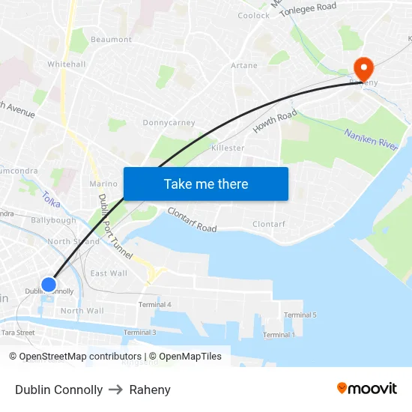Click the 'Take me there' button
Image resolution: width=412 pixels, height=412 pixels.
coord(206,184)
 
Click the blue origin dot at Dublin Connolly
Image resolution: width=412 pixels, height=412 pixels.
coord(49,285)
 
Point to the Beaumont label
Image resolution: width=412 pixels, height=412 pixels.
coord(111,40)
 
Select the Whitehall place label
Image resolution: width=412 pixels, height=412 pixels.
coord(67,64)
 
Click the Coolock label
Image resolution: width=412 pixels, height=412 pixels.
coord(253,16)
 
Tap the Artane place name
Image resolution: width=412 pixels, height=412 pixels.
coord(244,66)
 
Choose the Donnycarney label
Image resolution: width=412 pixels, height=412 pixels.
coord(169,123)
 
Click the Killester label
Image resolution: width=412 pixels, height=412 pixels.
coord(228,148)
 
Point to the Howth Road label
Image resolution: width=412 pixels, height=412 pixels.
coord(275,121)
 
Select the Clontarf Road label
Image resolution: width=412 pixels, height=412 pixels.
coord(192,219)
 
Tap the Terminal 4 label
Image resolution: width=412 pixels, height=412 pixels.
coord(155,305)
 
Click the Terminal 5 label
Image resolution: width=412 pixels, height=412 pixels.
coord(300,315)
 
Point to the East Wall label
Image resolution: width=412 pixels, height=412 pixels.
coord(109,273)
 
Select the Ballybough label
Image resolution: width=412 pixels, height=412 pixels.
coord(53,221)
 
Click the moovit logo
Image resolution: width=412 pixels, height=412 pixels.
coord(367,389)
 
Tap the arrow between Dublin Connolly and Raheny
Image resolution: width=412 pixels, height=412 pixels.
coord(115,390)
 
